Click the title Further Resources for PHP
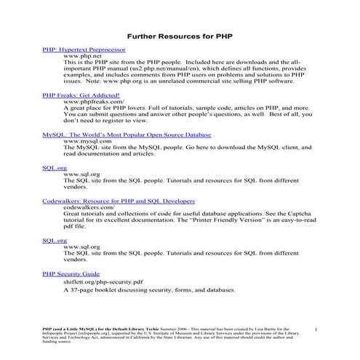(x=180, y=34)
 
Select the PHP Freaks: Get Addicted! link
(x=81, y=95)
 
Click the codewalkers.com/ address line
(x=89, y=207)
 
